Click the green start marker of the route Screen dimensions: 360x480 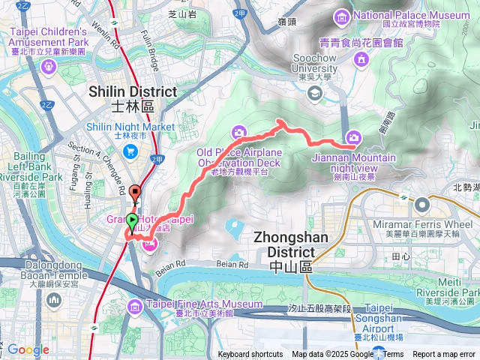point(133,220)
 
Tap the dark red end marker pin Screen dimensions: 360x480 point(136,192)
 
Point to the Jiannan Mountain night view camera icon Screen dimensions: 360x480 point(353,136)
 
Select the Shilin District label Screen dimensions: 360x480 point(133,91)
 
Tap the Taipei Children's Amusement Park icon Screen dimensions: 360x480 point(49,66)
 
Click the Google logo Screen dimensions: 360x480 point(28,349)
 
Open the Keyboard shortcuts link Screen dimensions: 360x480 point(250,355)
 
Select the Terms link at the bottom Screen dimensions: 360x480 point(393,355)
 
